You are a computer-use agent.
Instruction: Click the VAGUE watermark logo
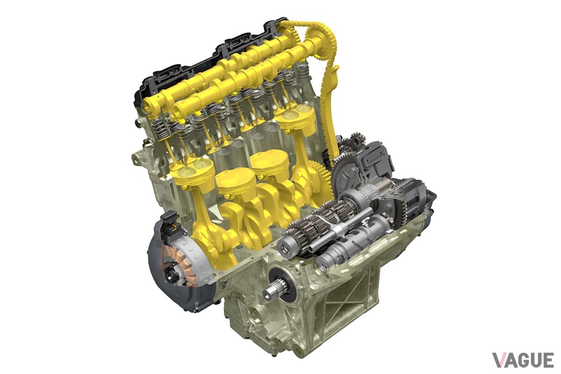523,360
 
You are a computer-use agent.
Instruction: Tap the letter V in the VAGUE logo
500,360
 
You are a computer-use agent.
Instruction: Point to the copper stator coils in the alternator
180,263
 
